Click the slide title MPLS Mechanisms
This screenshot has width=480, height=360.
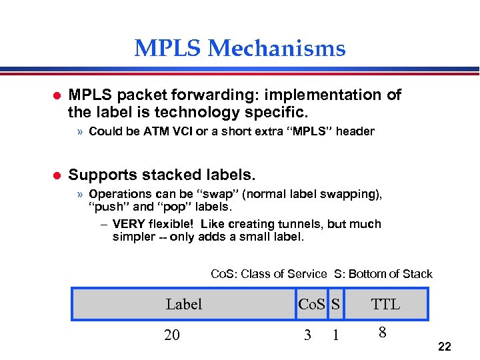click(x=240, y=49)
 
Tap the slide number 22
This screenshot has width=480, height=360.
click(x=445, y=347)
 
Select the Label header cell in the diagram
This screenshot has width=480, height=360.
click(x=183, y=305)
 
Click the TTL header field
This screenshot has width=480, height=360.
click(x=385, y=305)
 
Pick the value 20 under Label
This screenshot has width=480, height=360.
click(x=172, y=335)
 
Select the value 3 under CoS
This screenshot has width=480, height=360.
click(x=307, y=335)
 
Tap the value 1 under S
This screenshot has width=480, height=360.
click(x=335, y=335)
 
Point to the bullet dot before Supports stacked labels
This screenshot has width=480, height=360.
click(x=56, y=176)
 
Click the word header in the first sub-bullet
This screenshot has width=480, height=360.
click(x=355, y=131)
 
